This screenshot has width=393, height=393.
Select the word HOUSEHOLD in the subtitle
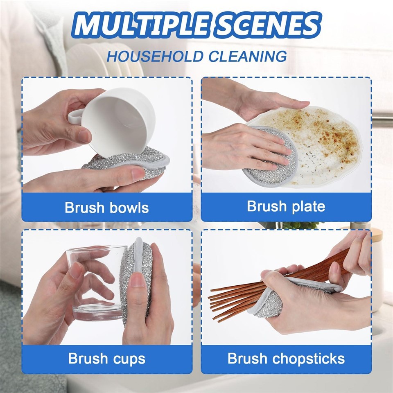pos(155,56)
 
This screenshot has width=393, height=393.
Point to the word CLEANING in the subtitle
pos(248,56)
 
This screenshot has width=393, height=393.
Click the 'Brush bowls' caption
pos(107,208)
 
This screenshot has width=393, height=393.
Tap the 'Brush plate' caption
pos(286,206)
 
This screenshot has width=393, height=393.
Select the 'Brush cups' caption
pos(107,359)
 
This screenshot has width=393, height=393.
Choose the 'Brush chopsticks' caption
pos(286,359)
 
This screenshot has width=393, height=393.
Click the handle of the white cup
pos(75,117)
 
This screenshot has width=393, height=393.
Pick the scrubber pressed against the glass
pos(137,281)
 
